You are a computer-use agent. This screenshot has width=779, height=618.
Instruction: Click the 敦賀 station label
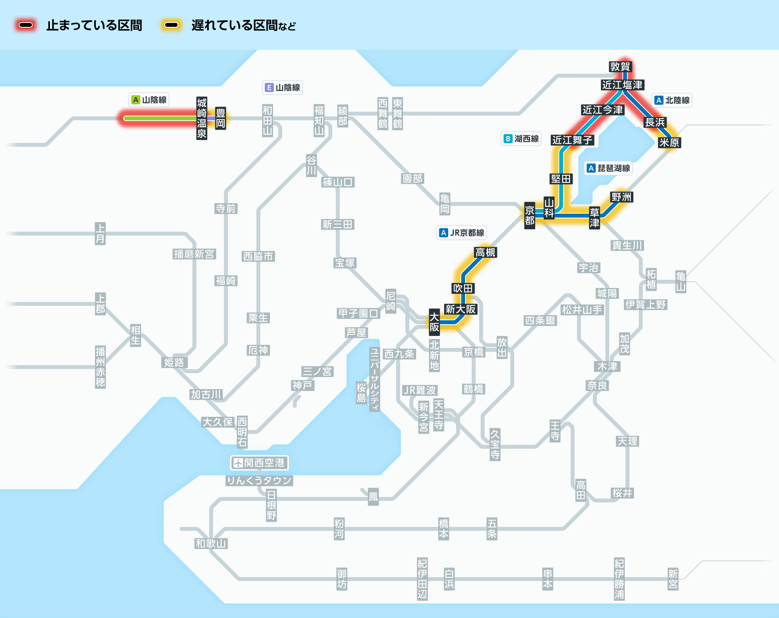(620, 67)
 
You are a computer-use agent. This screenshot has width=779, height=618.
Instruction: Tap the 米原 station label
(669, 143)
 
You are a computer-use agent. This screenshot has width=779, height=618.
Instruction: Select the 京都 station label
(529, 216)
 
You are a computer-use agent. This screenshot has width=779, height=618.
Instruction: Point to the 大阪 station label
(434, 322)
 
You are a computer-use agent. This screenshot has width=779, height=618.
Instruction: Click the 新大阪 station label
(461, 309)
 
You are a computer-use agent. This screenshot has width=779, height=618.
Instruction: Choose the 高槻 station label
(485, 253)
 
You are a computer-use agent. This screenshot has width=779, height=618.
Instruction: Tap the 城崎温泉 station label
(201, 118)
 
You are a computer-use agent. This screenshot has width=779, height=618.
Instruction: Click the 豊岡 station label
(220, 118)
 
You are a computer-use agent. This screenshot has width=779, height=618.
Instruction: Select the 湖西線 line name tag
(521, 139)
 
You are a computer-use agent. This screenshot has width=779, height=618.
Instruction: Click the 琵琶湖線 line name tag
(609, 168)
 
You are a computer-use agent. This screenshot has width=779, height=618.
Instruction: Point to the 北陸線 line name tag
(672, 100)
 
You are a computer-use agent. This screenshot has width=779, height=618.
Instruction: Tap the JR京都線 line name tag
(462, 233)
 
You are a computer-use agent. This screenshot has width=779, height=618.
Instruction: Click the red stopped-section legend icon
(26, 25)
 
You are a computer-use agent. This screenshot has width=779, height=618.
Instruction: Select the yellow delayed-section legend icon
(171, 25)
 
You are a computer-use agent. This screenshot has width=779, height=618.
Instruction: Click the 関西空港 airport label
(259, 463)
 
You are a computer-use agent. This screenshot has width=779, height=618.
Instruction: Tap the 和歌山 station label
(211, 544)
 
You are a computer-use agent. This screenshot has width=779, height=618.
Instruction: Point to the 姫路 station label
(174, 363)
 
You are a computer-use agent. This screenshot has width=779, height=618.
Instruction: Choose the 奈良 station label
(597, 386)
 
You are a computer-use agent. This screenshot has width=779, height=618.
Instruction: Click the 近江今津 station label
(603, 110)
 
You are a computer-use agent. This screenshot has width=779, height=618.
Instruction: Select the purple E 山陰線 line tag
(282, 88)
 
